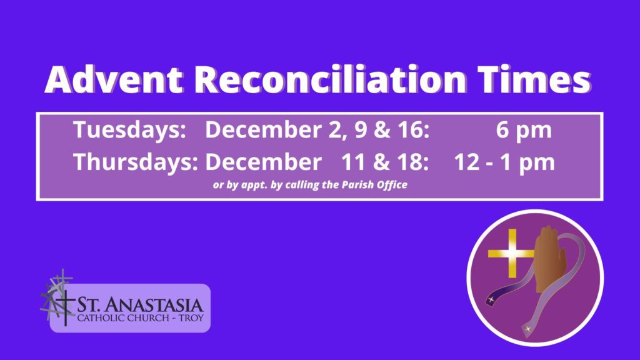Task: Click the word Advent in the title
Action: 114,79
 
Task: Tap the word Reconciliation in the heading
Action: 330,79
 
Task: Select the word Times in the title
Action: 534,79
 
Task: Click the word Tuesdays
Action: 130,131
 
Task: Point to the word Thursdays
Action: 136,162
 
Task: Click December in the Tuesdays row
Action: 263,130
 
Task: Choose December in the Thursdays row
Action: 263,162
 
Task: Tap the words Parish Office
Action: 374,185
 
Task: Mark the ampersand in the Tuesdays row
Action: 382,130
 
